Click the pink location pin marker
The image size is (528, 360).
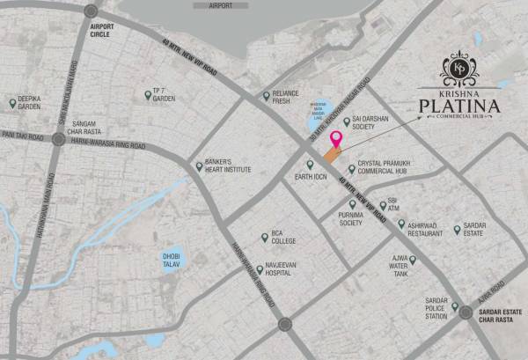tap(335, 138)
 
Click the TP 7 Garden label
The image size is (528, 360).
tap(164, 95)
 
